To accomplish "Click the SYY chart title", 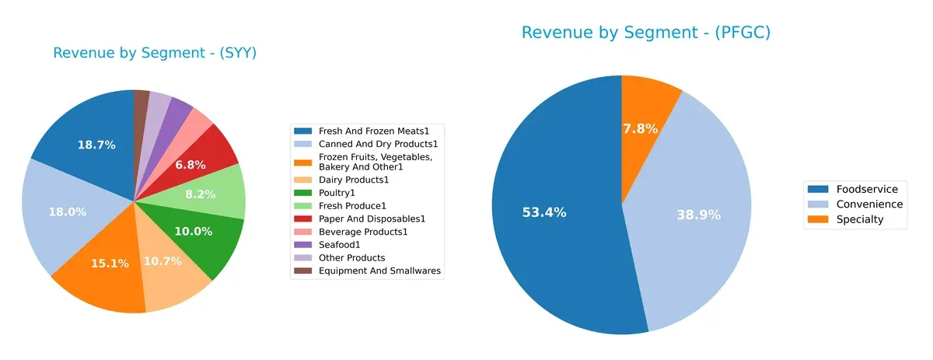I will click(155, 53).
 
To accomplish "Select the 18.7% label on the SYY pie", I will click(96, 145).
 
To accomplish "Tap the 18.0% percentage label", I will click(67, 211).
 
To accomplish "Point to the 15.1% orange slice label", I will click(110, 264).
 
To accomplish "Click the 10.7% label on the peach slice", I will click(162, 261).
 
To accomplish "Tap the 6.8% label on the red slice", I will click(191, 165).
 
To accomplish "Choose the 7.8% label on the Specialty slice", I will click(640, 129).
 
